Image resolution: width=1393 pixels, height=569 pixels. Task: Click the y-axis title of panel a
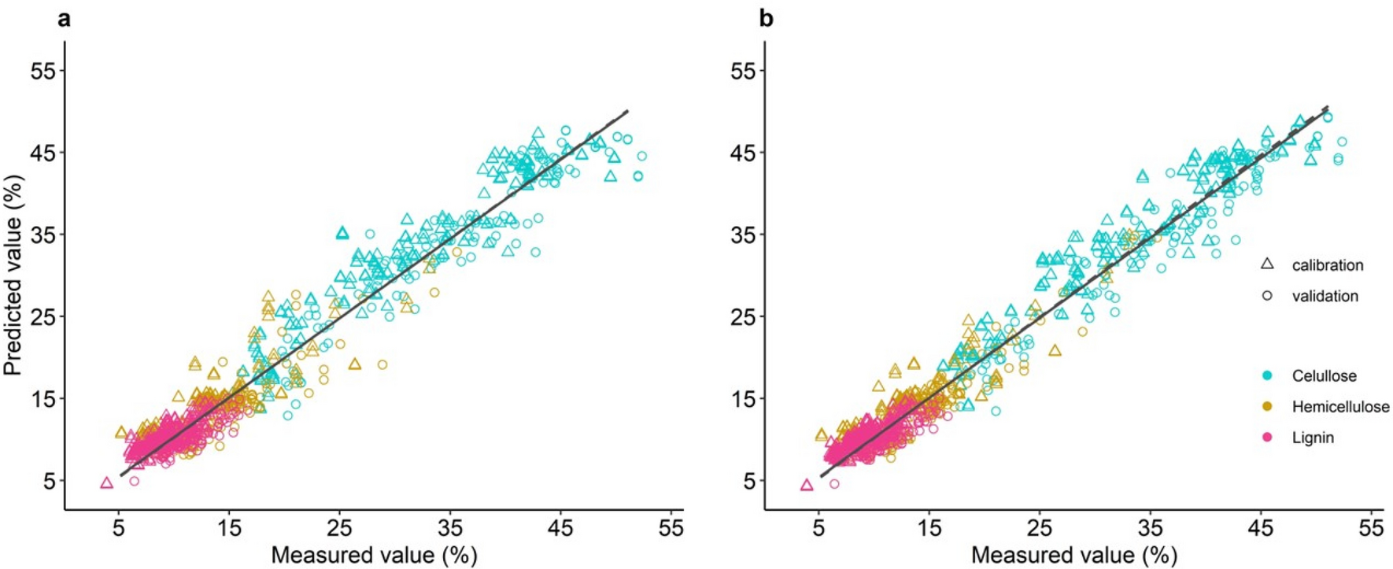13,275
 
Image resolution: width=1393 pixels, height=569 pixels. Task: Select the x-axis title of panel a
374,555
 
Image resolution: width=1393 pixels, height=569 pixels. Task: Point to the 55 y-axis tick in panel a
48,71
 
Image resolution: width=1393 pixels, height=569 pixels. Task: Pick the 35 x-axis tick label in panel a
450,528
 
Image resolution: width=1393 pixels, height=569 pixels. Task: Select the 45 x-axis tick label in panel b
1261,528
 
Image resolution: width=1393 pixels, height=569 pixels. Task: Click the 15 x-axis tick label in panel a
229,528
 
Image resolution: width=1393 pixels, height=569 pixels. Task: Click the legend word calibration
1327,265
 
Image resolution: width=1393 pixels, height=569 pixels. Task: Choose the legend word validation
1325,297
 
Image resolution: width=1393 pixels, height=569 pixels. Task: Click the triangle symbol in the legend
1267,264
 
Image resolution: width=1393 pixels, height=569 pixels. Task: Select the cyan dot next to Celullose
1267,376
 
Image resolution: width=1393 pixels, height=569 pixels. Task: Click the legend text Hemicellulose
1340,407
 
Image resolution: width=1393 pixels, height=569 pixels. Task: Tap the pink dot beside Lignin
1267,438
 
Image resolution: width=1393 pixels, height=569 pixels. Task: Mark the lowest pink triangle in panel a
107,483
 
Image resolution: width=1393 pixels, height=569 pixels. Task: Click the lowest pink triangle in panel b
807,486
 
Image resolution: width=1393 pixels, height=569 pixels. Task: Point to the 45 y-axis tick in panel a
48,153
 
